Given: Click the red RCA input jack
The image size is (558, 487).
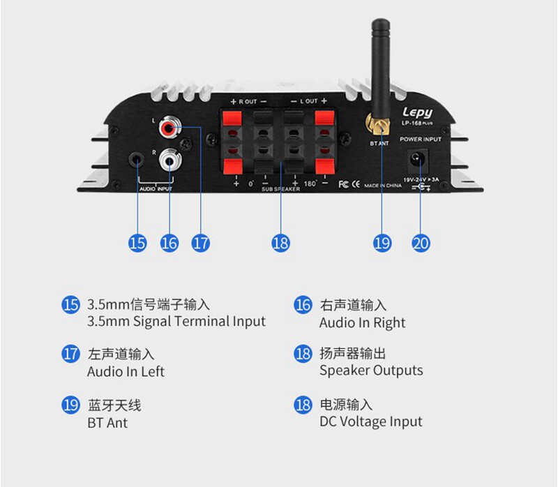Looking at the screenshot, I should pyautogui.click(x=169, y=128).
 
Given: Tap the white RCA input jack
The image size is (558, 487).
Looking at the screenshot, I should pyautogui.click(x=169, y=161).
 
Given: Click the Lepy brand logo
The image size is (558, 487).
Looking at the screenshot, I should pyautogui.click(x=417, y=112).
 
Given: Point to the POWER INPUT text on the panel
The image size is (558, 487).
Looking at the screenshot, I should pyautogui.click(x=421, y=140).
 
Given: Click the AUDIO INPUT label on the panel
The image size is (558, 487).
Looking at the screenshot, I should pyautogui.click(x=155, y=188).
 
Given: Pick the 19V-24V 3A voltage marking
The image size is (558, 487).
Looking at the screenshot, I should pyautogui.click(x=421, y=179).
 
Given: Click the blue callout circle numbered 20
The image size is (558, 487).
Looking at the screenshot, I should pyautogui.click(x=421, y=243).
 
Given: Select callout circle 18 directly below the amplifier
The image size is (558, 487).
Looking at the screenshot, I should pyautogui.click(x=280, y=243).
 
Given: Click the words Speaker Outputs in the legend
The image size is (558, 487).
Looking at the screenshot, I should pyautogui.click(x=371, y=370).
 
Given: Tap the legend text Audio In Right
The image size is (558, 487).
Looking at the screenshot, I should pyautogui.click(x=362, y=322).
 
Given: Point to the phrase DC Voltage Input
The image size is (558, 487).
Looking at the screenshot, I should pyautogui.click(x=370, y=421).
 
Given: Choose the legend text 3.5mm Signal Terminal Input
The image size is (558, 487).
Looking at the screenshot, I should pyautogui.click(x=176, y=322).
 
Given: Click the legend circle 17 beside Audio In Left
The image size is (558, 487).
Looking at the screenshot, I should pyautogui.click(x=70, y=354).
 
